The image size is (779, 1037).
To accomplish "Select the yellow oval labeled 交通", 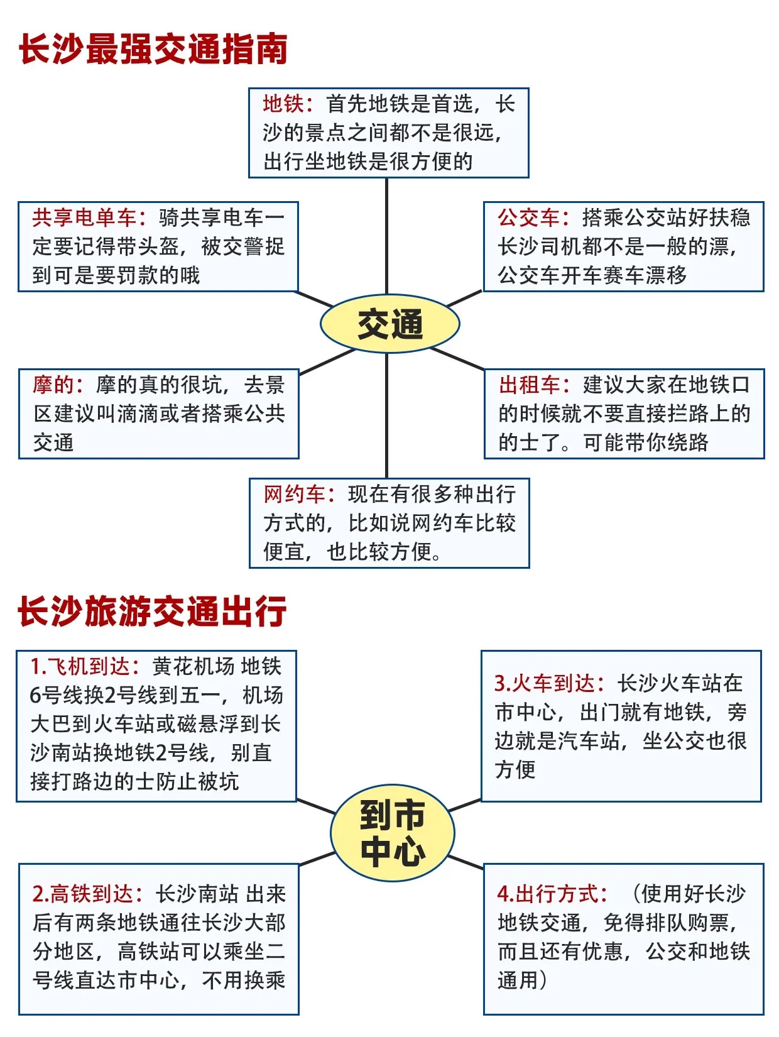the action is point(389,324).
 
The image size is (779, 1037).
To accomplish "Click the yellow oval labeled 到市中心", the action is point(392,833).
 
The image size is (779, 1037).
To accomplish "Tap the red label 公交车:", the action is point(534,217).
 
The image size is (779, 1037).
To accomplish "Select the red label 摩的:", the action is point(58,385).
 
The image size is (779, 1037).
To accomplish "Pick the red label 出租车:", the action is point(535,385).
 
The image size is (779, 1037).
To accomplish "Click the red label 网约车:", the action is point(300,495).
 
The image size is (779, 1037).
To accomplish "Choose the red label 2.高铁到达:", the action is point(88,894).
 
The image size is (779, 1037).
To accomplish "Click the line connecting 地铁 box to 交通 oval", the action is point(386,236).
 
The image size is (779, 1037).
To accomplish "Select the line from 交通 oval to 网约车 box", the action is point(386,415).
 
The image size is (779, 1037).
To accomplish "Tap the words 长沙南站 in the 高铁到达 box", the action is point(197,894).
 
